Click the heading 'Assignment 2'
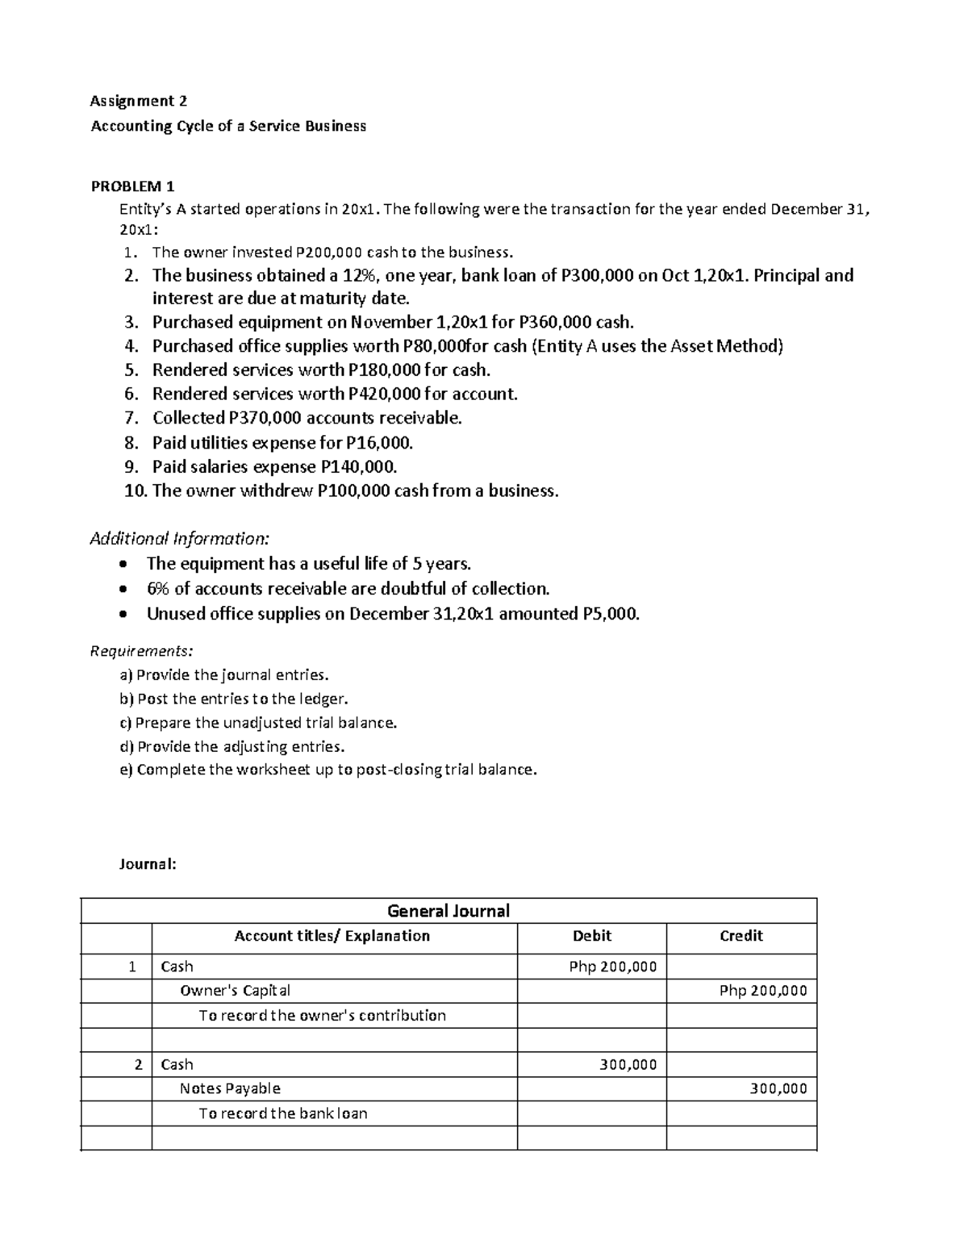pyautogui.click(x=138, y=101)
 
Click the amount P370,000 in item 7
pyautogui.click(x=238, y=418)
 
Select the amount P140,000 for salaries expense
pyautogui.click(x=358, y=467)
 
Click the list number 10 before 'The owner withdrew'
pyautogui.click(x=135, y=491)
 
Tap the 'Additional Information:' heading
pyautogui.click(x=179, y=538)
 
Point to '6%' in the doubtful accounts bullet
pyautogui.click(x=158, y=589)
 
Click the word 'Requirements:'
pyautogui.click(x=141, y=650)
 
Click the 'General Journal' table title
pyautogui.click(x=449, y=911)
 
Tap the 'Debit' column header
pyautogui.click(x=591, y=936)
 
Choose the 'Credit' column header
pyautogui.click(x=741, y=936)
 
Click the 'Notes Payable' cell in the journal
pyautogui.click(x=230, y=1088)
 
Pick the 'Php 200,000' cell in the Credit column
pyautogui.click(x=762, y=991)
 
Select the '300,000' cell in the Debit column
pyautogui.click(x=628, y=1064)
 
